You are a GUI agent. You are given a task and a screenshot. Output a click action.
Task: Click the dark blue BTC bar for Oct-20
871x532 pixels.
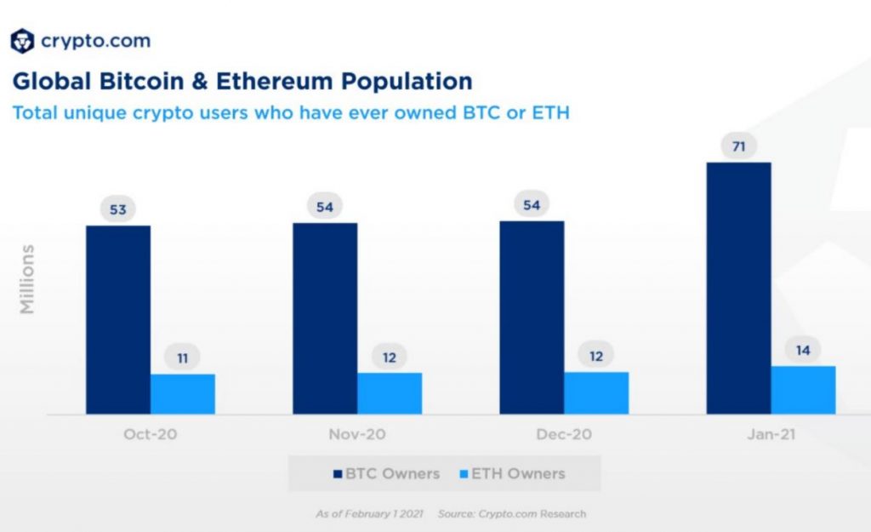tap(118, 319)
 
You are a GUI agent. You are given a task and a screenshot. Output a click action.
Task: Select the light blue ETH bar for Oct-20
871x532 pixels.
tap(183, 393)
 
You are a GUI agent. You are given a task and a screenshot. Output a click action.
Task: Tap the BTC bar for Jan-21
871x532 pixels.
tap(738, 288)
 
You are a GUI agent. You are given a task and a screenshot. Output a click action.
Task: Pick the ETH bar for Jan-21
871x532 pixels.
tap(803, 390)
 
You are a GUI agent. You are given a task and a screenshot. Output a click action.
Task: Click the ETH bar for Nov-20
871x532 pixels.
tap(390, 392)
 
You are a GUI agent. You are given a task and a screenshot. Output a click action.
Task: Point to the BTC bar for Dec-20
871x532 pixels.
tap(532, 317)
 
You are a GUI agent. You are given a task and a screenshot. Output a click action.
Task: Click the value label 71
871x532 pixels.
tap(738, 146)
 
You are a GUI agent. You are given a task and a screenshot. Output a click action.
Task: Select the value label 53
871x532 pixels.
tap(118, 209)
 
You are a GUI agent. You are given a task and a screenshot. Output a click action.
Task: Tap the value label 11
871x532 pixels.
tap(183, 358)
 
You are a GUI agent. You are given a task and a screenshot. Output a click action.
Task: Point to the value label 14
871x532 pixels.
tap(803, 350)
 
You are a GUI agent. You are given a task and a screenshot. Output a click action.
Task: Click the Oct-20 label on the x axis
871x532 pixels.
tap(151, 434)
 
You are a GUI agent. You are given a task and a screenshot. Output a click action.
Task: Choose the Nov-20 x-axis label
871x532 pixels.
tap(357, 434)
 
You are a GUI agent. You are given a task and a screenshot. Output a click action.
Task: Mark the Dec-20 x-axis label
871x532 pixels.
tap(564, 434)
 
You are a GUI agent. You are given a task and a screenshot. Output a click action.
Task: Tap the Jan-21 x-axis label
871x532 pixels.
tap(771, 434)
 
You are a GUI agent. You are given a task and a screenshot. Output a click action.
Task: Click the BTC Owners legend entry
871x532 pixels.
tap(387, 474)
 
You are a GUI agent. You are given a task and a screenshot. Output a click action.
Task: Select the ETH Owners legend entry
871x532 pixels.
tap(511, 474)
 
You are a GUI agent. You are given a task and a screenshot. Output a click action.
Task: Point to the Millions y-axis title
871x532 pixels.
tap(28, 279)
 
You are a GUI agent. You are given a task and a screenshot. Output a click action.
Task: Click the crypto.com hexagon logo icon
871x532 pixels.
tap(22, 41)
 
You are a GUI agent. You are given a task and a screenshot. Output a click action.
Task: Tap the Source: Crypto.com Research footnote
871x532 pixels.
tap(512, 514)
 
